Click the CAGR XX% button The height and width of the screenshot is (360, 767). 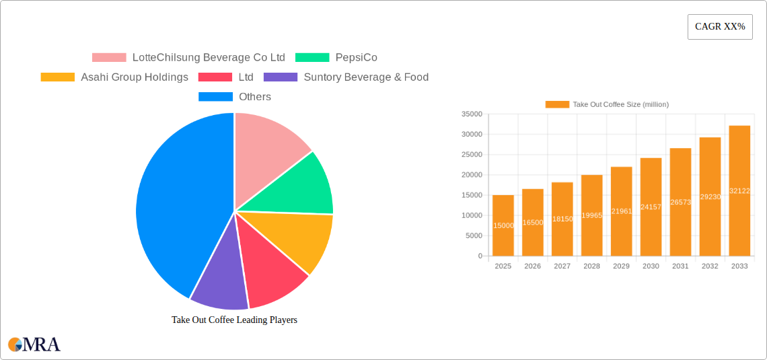click(x=719, y=27)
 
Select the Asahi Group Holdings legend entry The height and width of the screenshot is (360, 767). click(x=114, y=77)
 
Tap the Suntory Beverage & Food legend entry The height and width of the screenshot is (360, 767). click(x=346, y=77)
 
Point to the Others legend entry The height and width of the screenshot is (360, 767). click(x=235, y=97)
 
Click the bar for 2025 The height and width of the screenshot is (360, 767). click(x=503, y=225)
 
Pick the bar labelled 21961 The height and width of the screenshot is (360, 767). click(x=621, y=211)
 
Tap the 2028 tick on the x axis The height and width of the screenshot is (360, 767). click(x=591, y=266)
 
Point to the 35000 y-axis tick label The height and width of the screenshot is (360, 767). click(x=472, y=114)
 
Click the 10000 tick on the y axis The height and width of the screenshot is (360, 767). click(x=472, y=215)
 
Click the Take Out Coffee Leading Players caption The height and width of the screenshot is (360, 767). click(x=234, y=320)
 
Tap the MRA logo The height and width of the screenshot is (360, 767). click(x=34, y=345)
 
